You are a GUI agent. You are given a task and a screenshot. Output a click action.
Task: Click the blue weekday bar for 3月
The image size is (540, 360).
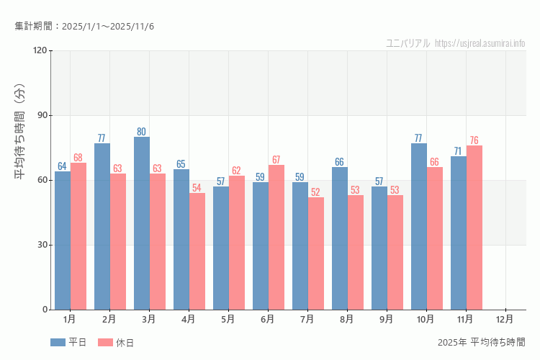point(142,223)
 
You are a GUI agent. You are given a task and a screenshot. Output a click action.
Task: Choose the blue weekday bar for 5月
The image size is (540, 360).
point(221,248)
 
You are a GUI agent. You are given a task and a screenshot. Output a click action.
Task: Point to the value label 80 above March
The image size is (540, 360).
point(142,132)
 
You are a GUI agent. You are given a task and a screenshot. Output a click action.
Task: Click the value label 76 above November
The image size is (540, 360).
point(474,140)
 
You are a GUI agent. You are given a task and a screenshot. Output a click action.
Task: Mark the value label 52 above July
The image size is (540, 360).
point(316,192)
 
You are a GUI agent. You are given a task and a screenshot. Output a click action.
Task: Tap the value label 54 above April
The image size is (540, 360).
point(197,188)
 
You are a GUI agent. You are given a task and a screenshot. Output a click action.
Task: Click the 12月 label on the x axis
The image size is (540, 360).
point(505,319)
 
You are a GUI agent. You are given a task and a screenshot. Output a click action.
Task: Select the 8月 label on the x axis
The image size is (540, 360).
point(347,319)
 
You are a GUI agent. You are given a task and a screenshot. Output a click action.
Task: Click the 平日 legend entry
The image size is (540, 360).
point(69,343)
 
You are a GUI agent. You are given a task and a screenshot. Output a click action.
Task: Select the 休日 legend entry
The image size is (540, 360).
point(117,343)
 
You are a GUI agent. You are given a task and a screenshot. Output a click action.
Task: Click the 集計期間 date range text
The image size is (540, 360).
point(84,27)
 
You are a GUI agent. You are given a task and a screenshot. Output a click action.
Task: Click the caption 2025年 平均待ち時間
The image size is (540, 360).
point(481,342)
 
